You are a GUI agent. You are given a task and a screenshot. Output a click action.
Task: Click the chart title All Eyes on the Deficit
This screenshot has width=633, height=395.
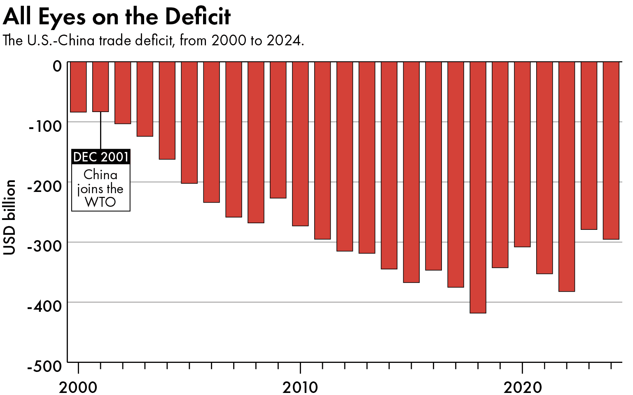[117, 17]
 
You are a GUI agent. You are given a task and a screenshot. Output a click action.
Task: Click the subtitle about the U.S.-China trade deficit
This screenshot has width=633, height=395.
[153, 41]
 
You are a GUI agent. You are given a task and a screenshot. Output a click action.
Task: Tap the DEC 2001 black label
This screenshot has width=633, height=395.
[101, 157]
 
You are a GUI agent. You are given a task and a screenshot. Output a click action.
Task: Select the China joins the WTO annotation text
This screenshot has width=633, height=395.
[101, 188]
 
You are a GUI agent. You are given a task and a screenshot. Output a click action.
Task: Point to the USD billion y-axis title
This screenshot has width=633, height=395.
[9, 217]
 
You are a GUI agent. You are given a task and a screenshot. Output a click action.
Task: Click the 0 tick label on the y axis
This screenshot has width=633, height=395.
[57, 66]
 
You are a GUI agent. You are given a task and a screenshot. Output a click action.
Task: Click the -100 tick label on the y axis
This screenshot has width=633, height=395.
[45, 126]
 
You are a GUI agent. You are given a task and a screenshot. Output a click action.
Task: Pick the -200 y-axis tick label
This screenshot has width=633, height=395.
[44, 186]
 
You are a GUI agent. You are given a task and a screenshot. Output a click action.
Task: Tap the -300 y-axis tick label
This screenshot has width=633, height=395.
[44, 246]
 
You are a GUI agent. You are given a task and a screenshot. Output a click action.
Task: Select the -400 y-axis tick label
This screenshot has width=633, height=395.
[44, 306]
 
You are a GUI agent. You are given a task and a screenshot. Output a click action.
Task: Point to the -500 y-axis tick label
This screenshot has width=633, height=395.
[44, 366]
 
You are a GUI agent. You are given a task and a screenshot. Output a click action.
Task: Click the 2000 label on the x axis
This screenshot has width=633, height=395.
[78, 387]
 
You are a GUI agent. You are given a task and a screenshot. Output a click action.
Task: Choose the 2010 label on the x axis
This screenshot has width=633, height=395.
[300, 387]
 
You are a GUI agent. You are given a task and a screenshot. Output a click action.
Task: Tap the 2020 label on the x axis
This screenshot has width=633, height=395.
[522, 387]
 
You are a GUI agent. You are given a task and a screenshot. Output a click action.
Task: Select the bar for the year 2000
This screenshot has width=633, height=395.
[78, 87]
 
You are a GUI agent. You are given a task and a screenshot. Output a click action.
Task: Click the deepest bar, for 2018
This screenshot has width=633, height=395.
[478, 187]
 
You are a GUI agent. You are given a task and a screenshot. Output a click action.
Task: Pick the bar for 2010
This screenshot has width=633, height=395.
[300, 144]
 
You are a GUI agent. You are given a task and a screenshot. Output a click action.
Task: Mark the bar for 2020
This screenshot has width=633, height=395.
[522, 154]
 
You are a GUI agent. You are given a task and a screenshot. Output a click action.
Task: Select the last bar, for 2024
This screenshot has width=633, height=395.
[611, 150]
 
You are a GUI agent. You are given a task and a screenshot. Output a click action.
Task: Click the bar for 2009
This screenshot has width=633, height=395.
[278, 130]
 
